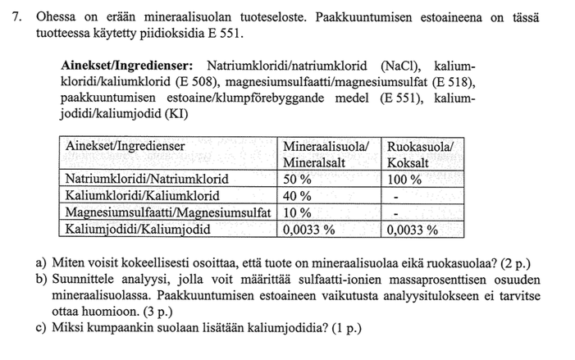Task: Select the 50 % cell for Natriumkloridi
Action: pos(297,178)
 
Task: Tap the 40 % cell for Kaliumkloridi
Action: pos(297,195)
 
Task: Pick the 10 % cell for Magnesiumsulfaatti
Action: pos(297,212)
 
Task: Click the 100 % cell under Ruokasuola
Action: pos(405,178)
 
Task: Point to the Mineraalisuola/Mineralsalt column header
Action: pos(326,153)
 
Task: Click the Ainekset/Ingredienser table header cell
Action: pos(125,146)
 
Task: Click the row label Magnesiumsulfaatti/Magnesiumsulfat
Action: pos(168,212)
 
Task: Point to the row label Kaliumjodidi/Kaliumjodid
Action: pos(138,230)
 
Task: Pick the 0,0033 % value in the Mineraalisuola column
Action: pos(309,230)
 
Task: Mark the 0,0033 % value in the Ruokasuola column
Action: pos(413,230)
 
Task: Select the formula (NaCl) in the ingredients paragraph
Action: pos(399,66)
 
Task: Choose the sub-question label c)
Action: pos(41,329)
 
